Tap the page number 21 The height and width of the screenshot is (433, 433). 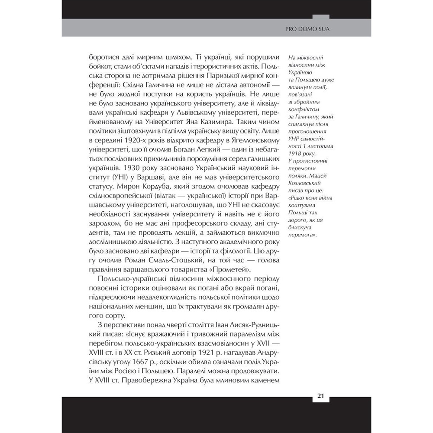321,396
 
